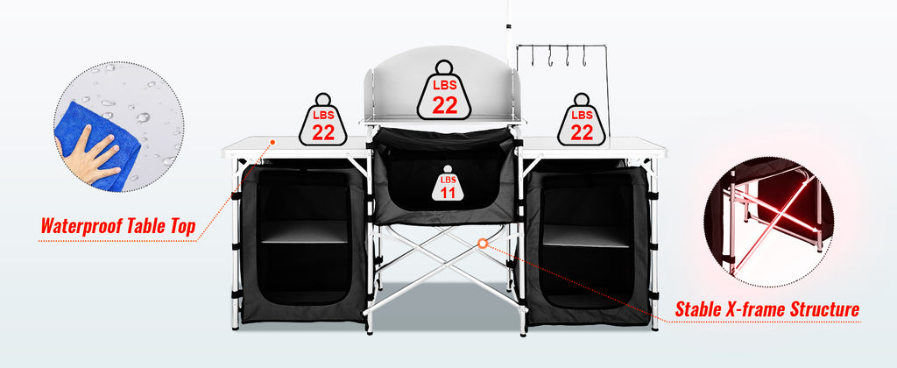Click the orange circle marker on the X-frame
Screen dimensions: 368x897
[482, 242]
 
